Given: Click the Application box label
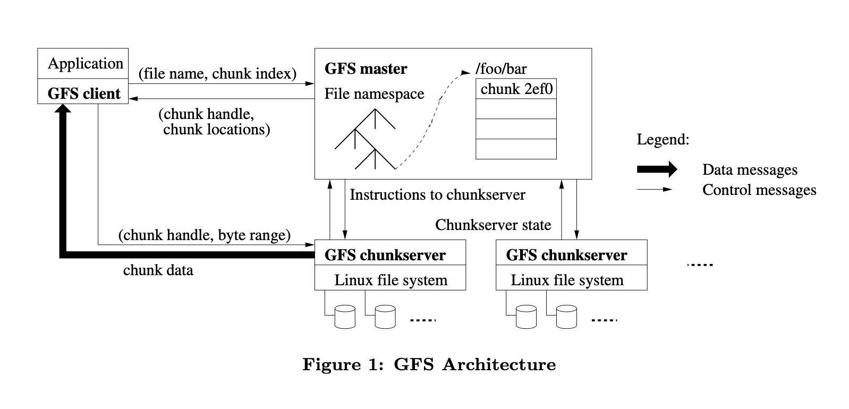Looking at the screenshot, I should [x=85, y=63].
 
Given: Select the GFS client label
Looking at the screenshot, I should [x=84, y=93].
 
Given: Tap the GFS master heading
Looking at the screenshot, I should [x=366, y=69].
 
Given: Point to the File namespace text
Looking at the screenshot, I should [x=374, y=94].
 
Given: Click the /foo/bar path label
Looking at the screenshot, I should [x=502, y=69].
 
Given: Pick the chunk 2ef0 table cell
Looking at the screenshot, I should [x=516, y=89].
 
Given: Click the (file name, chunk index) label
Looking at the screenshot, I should [x=217, y=73].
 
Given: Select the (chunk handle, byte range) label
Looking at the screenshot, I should [x=205, y=235].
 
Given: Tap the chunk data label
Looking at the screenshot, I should [x=158, y=270].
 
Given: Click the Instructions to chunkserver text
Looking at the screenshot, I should [x=437, y=194].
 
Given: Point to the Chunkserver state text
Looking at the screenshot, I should [x=493, y=225].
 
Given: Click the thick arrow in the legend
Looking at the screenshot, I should [x=657, y=169].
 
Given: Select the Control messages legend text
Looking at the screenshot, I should [x=759, y=190].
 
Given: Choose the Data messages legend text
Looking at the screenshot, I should [x=749, y=170].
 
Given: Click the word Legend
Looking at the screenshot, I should [x=663, y=140].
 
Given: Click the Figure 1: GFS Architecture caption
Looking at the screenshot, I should [x=429, y=364].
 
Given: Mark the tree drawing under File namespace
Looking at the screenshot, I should [x=366, y=139].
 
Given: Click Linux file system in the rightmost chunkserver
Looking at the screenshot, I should [x=567, y=280].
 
